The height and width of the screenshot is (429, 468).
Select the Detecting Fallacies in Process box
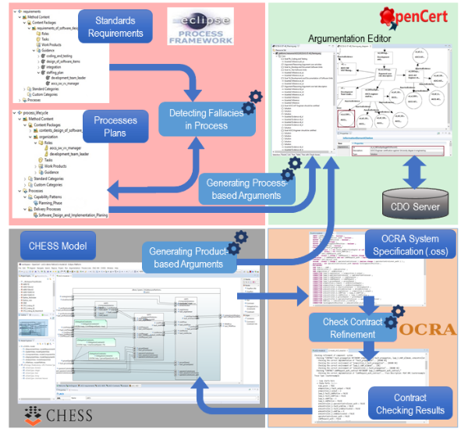pos(198,119)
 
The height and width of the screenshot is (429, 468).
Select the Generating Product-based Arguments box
pos(188,257)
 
